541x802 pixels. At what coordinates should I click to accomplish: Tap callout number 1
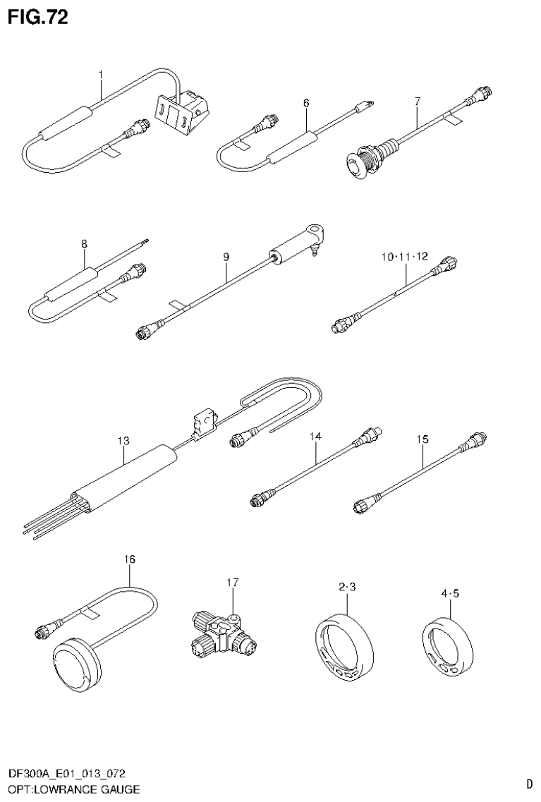(101, 74)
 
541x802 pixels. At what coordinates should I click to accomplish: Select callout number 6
(306, 103)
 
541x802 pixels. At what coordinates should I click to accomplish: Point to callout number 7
(417, 101)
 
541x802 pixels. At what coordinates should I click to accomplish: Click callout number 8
(84, 244)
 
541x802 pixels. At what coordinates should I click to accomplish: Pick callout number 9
(226, 257)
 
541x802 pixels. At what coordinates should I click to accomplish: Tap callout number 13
(123, 441)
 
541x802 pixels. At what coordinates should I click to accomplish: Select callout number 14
(315, 437)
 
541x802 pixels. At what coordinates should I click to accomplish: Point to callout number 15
(422, 439)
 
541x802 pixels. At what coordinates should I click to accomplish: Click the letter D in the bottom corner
(528, 783)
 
